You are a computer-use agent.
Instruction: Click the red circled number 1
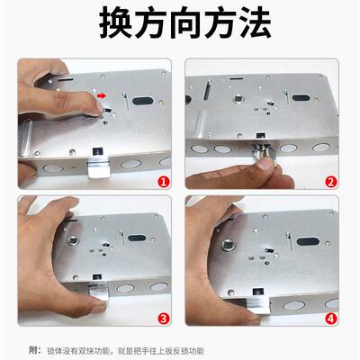(163, 181)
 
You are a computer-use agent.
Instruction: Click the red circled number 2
(330, 181)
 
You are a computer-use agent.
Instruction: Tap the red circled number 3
(163, 318)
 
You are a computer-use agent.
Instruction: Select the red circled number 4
(330, 318)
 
